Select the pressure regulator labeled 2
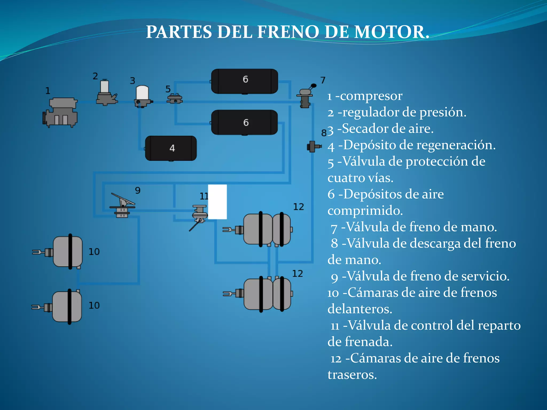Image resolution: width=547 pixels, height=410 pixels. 106,93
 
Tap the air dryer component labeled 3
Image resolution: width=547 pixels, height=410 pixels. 143,96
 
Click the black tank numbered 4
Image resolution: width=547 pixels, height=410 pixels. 171,148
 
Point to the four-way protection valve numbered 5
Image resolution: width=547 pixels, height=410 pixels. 175,99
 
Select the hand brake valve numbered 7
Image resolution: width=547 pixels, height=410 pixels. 305,98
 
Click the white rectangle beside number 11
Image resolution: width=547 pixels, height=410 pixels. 217,202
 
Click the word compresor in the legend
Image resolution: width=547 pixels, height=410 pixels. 371,96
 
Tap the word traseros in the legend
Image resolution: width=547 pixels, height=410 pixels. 352,374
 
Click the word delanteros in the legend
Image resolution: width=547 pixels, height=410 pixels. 360,309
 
